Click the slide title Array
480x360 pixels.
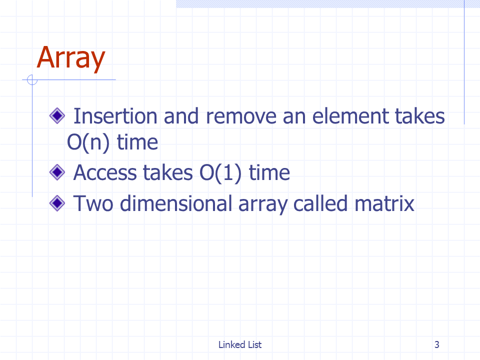[x=71, y=58]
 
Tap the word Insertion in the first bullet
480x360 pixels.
[x=115, y=116]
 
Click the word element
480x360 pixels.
[x=350, y=116]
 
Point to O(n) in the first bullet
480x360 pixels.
[x=88, y=142]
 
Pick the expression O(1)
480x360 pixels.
[x=220, y=173]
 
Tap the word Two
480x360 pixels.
[x=93, y=203]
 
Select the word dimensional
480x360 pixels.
[x=176, y=203]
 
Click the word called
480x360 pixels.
[x=320, y=203]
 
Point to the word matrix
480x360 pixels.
[x=384, y=203]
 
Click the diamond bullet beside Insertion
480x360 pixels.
[x=57, y=116]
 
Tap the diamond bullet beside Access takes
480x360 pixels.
[x=57, y=172]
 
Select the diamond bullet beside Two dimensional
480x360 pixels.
[x=57, y=203]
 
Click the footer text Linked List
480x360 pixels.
[x=240, y=344]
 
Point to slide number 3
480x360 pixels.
[x=437, y=344]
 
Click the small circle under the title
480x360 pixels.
[x=32, y=80]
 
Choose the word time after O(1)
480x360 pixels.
[x=269, y=173]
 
